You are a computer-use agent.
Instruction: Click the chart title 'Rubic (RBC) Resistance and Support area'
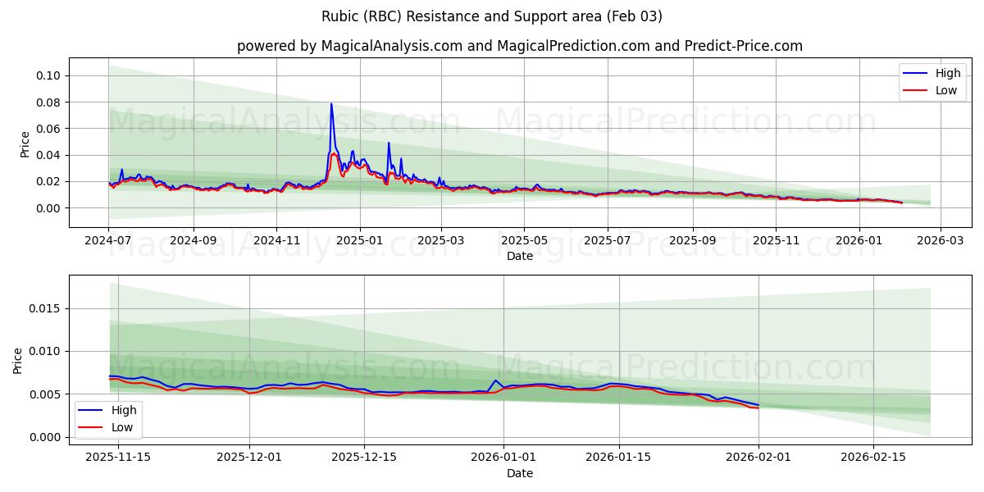tap(491, 16)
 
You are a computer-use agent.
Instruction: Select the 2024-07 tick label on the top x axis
tap(108, 241)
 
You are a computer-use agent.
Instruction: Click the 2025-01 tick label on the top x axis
tap(359, 241)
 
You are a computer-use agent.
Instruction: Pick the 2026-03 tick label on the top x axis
tap(940, 241)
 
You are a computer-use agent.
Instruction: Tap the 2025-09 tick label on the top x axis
tap(692, 241)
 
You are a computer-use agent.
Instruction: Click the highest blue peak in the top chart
tap(331, 104)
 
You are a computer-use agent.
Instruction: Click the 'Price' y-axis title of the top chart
tap(25, 143)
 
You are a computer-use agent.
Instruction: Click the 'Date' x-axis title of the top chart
tap(520, 256)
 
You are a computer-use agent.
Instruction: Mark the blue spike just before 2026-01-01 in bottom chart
tap(496, 380)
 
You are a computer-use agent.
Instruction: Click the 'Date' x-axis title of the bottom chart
tap(520, 473)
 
